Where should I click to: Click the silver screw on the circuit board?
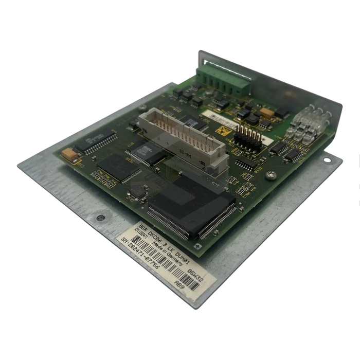269,177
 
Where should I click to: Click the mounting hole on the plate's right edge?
337,165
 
